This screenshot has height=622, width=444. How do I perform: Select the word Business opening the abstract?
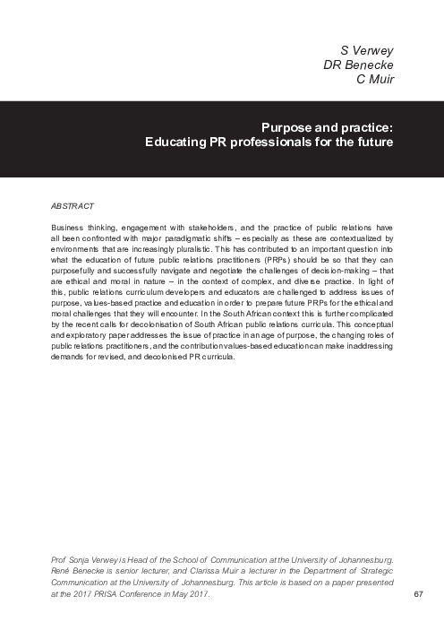[70, 229]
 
